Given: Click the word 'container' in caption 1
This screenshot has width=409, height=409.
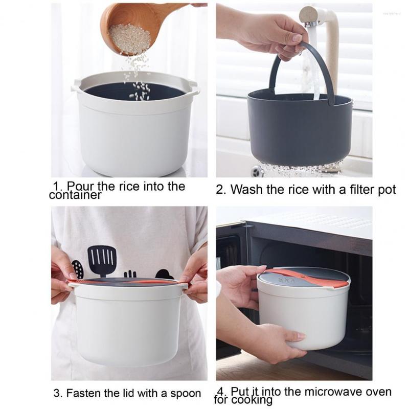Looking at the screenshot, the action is point(75,195).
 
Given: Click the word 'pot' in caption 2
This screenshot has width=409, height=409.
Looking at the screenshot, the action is point(387,190).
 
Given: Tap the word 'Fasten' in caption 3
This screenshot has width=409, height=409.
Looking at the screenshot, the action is point(83,393).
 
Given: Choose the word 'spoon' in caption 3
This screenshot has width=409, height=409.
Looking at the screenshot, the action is point(186,394).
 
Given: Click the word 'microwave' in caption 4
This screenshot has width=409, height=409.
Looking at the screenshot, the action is point(330,392).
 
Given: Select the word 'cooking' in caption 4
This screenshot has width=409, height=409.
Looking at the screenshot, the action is point(252,400).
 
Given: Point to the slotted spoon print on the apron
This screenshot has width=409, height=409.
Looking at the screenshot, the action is point(78,269).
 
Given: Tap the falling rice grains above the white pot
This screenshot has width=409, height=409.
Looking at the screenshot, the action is point(137,78).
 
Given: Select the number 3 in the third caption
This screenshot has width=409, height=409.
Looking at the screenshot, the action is point(58,393).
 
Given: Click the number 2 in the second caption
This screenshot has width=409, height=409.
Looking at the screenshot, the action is point(220,190).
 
